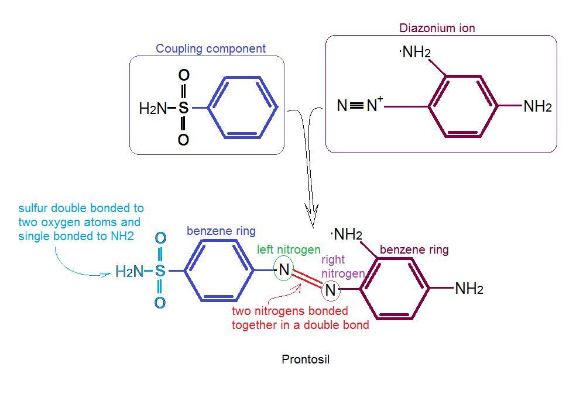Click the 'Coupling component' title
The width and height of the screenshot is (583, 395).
point(210,48)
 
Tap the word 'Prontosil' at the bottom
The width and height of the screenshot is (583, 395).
point(306,359)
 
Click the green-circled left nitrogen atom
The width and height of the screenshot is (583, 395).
point(284,269)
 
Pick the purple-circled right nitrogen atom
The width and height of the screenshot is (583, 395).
point(330,289)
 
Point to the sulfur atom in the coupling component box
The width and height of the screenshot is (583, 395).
point(183,108)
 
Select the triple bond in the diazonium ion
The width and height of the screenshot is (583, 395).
point(356,106)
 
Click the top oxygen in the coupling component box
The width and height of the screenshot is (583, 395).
point(183,75)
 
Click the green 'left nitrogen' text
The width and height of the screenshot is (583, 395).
point(289,250)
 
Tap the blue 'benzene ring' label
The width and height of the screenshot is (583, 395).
point(221,231)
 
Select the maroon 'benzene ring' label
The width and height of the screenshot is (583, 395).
point(414,250)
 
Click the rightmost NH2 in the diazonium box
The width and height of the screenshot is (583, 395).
point(537,106)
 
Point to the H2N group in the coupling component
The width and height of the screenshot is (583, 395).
point(153,108)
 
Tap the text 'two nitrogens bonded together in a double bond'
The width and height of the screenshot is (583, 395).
point(300,318)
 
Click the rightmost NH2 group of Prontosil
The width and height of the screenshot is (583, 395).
point(469,288)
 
